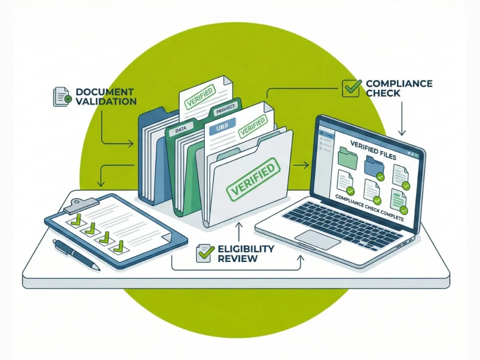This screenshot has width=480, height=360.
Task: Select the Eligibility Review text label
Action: pyautogui.click(x=246, y=253)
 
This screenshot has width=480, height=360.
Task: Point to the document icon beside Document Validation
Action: pyautogui.click(x=61, y=96)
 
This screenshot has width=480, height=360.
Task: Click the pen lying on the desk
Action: pyautogui.click(x=76, y=255)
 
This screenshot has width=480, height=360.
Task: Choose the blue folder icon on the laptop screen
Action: pyautogui.click(x=374, y=165)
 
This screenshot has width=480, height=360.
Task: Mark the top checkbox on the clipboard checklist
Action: pyautogui.click(x=75, y=220)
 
